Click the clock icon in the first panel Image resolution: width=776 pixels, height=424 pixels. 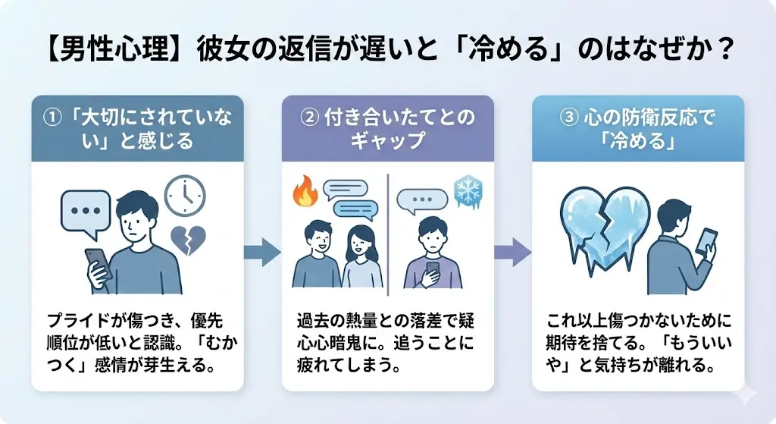[184, 196]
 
